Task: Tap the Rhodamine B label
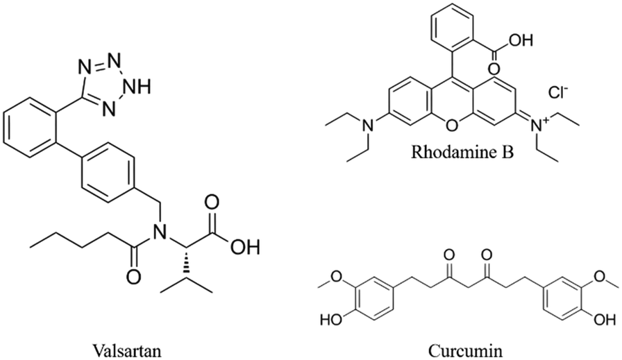point(464,151)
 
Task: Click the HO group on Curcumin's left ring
point(329,322)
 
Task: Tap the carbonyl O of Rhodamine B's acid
point(495,69)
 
